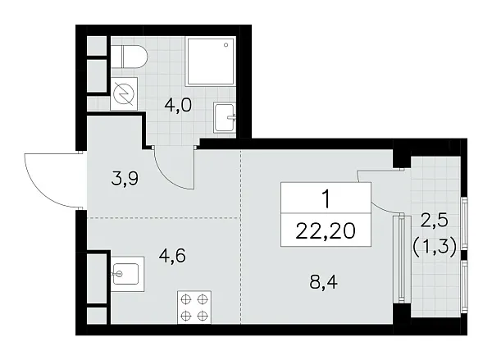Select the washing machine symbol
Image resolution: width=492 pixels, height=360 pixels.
click(125, 94)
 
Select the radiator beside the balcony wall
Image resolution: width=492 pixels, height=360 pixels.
click(400, 258)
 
